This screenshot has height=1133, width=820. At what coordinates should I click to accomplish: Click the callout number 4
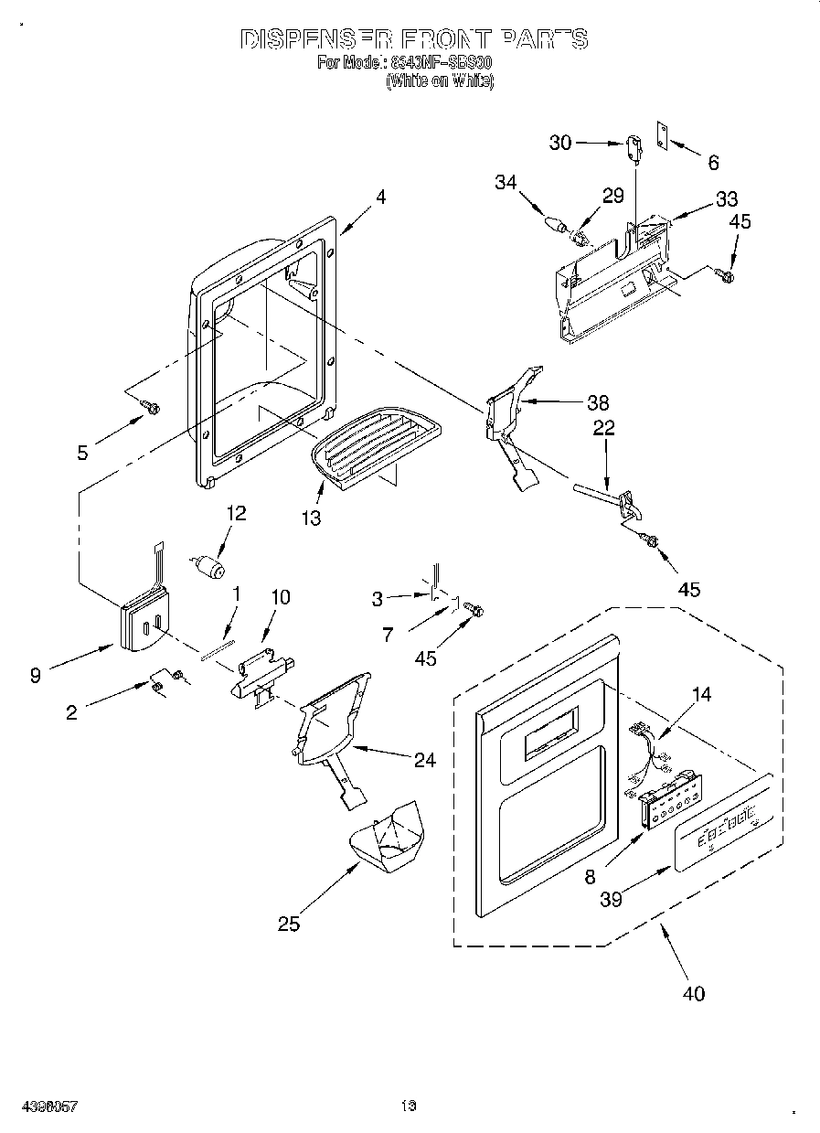click(x=380, y=197)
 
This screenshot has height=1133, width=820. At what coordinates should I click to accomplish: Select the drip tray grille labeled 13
click(x=375, y=448)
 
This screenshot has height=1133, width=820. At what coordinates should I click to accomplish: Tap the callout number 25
click(x=288, y=924)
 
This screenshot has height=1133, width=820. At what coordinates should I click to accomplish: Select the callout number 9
click(x=35, y=676)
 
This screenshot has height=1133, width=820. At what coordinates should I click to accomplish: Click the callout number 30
click(x=560, y=142)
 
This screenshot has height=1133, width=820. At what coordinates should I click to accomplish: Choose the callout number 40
click(x=694, y=993)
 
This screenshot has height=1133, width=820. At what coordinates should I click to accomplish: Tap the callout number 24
click(x=424, y=759)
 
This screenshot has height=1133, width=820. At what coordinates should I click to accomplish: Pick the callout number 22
click(x=604, y=428)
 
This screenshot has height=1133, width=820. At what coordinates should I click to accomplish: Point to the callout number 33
click(x=727, y=198)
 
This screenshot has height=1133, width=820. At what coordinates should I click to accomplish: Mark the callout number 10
click(x=280, y=597)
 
